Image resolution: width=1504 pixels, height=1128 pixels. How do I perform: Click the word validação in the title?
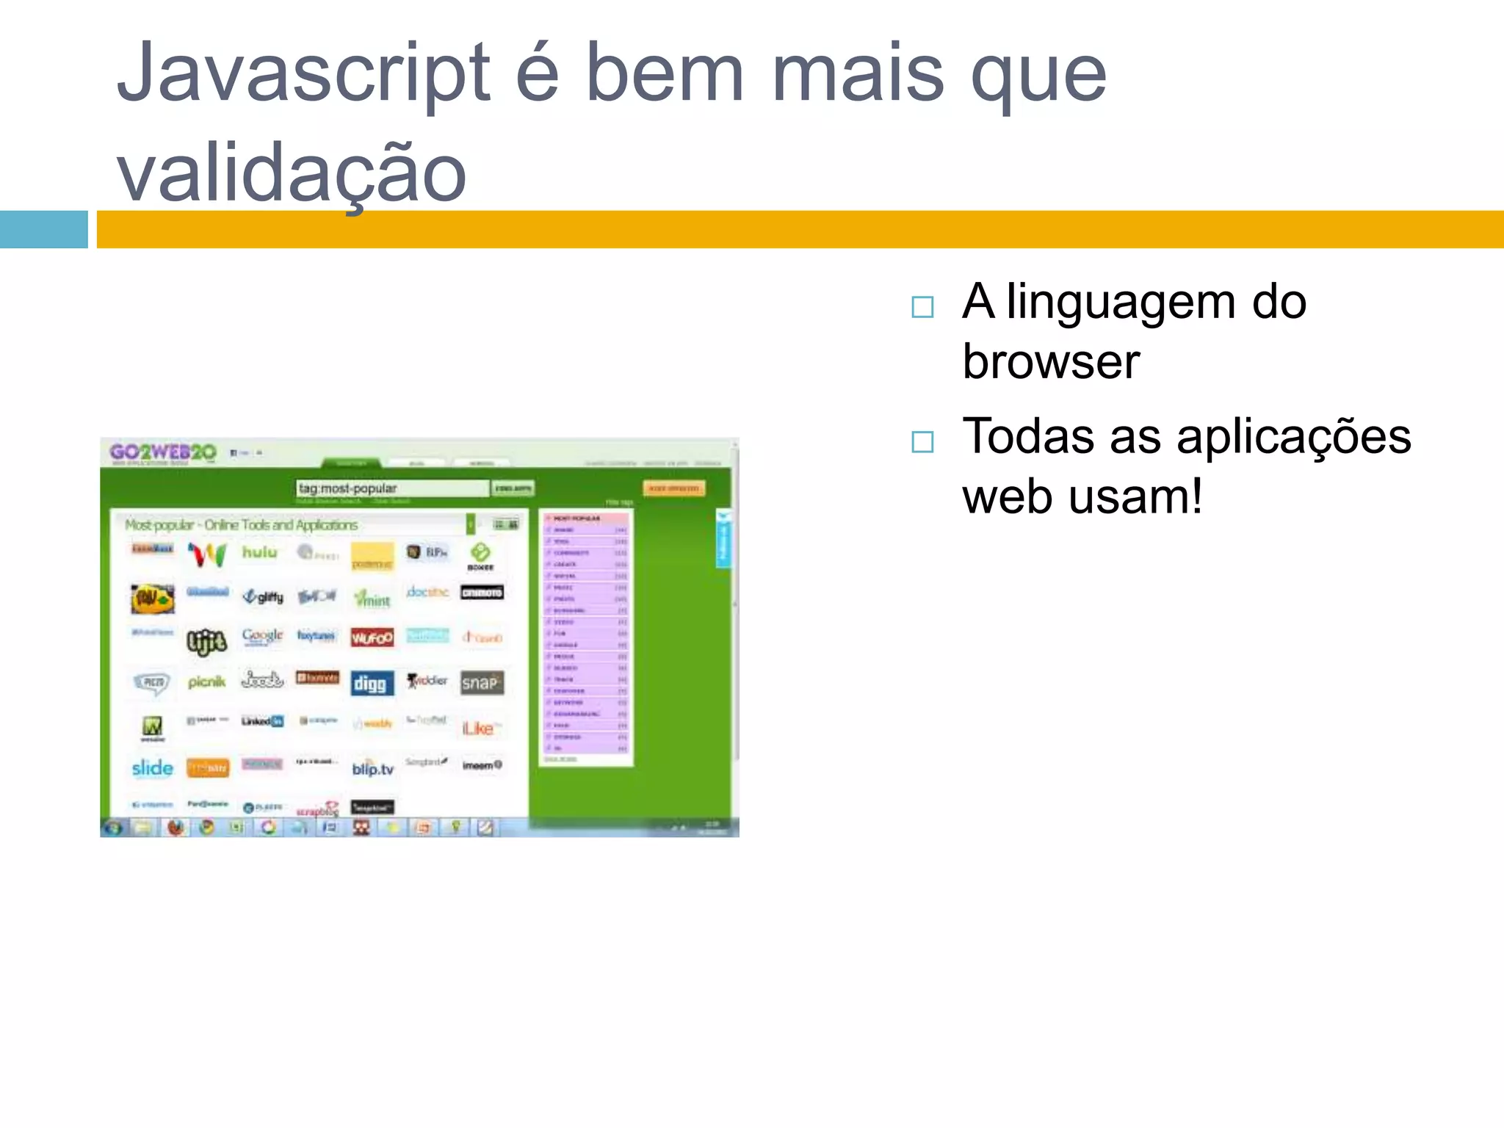(292, 173)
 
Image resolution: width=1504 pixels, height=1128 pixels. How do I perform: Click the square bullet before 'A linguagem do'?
(922, 307)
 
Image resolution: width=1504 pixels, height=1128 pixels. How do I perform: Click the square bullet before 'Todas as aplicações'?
(922, 442)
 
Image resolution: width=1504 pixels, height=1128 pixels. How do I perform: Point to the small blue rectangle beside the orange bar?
(43, 229)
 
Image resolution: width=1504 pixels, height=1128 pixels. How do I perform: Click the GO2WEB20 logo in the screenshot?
(163, 452)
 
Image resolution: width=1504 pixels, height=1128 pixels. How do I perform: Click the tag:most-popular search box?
(391, 488)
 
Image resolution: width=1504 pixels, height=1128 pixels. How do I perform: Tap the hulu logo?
(260, 552)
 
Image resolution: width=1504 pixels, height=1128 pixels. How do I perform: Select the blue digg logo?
(372, 684)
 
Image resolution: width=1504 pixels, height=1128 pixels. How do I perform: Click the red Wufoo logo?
(372, 637)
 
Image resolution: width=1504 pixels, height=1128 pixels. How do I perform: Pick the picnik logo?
(206, 682)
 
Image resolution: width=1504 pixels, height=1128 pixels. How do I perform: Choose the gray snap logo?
(481, 683)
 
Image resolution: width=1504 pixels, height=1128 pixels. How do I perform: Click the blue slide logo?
(152, 768)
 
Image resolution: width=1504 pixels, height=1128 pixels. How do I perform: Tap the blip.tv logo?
(372, 768)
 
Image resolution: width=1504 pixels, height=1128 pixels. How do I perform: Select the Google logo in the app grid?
(262, 636)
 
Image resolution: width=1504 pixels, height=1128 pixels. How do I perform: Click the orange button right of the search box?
(673, 488)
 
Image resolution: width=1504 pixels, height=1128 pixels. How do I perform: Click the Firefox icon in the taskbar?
(175, 828)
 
